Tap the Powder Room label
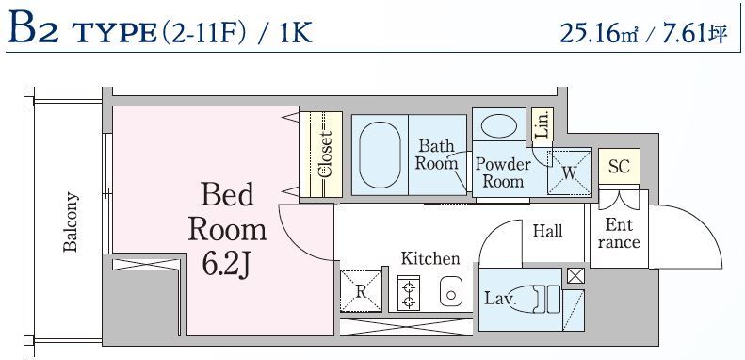click(502, 172)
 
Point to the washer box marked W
click(569, 172)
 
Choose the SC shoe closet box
click(618, 167)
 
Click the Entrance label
click(620, 234)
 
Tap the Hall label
click(547, 231)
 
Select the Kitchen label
click(430, 258)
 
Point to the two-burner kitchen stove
click(410, 292)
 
